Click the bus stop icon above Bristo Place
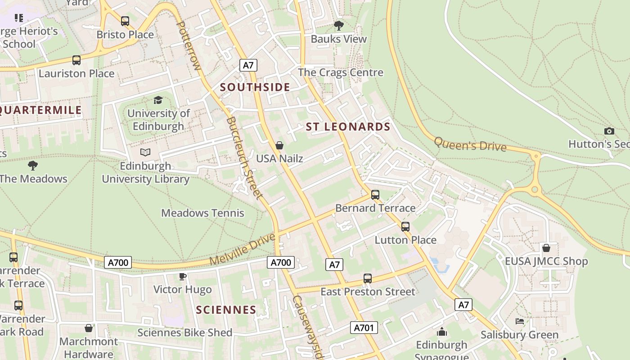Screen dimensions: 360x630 (125, 21)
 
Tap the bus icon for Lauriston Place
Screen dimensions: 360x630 (76, 60)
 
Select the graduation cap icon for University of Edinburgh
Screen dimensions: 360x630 (158, 100)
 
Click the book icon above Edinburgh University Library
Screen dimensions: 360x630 (145, 153)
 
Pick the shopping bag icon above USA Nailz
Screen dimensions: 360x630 (279, 145)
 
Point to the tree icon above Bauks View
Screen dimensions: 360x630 (339, 26)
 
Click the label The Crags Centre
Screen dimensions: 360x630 (341, 72)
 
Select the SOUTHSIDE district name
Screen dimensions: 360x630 (255, 87)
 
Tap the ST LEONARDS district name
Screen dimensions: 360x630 (348, 127)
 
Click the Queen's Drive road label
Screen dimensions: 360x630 (470, 144)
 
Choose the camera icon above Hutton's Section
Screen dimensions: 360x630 (609, 131)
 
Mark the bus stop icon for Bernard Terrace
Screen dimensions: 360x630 (375, 195)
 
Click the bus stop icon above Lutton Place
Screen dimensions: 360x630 (405, 227)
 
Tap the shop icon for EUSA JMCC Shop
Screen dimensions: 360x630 (546, 248)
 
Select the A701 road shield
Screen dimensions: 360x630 (364, 328)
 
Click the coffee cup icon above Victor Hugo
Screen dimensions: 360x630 (182, 276)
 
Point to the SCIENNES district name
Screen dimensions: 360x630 (226, 310)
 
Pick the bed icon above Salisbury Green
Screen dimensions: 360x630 (519, 321)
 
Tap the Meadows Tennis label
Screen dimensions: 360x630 (202, 213)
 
